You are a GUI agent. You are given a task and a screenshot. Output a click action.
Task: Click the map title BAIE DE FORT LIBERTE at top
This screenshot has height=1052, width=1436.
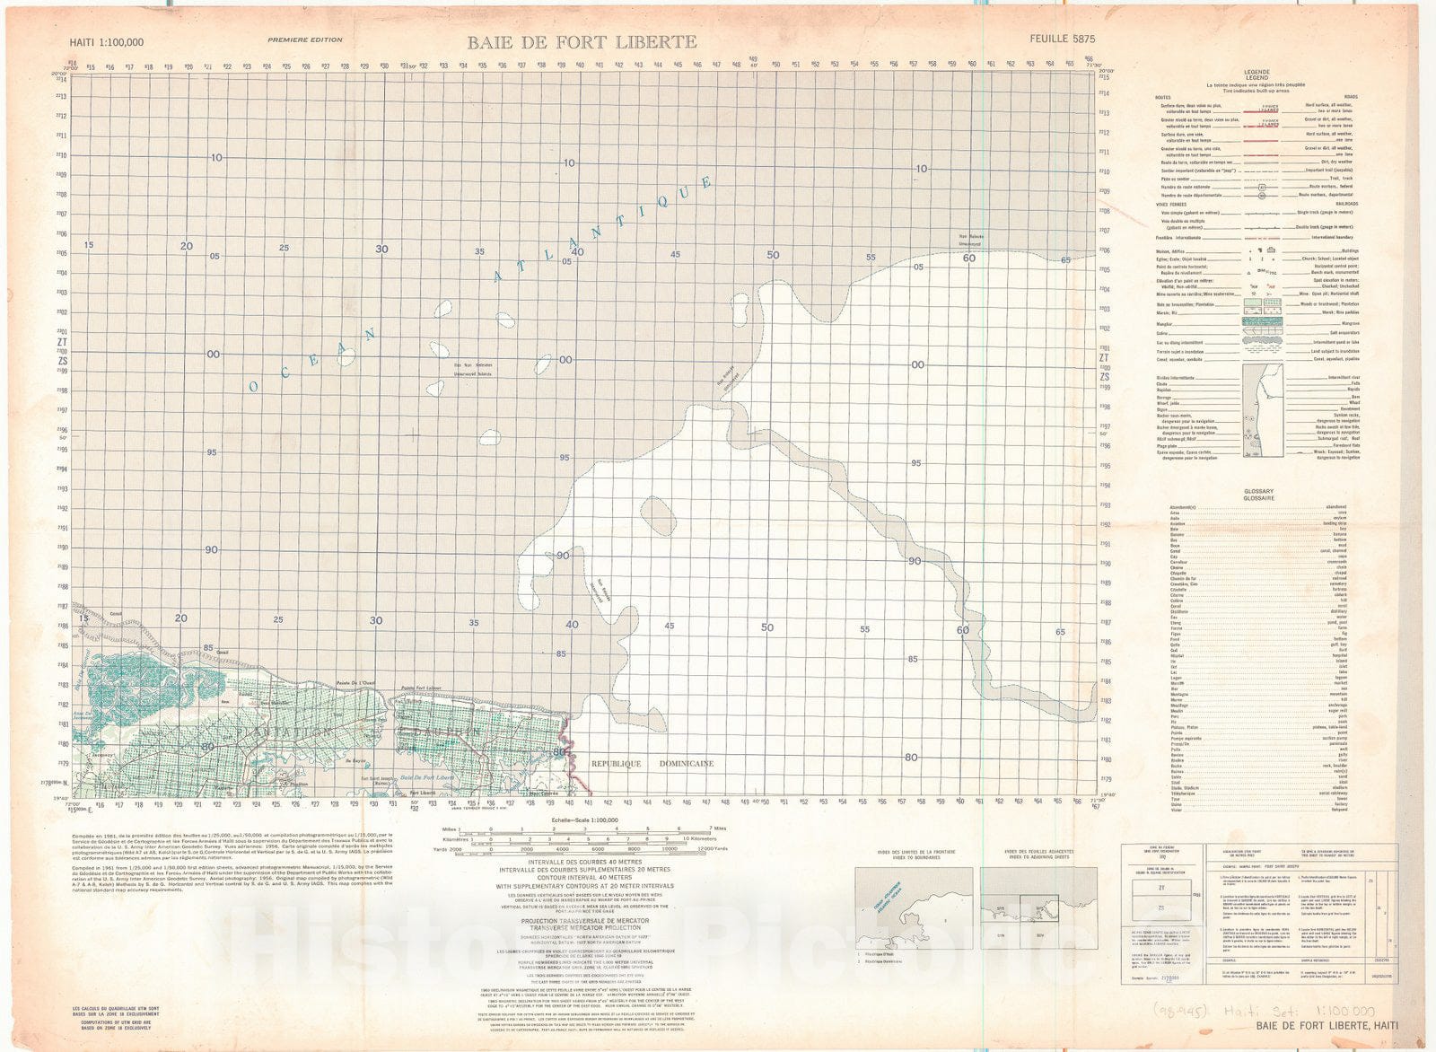pyautogui.click(x=581, y=41)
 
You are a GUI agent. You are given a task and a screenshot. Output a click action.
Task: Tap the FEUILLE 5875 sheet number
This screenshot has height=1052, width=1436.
pyautogui.click(x=1063, y=39)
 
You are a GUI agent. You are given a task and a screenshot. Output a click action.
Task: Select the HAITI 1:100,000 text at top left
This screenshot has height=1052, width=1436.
pyautogui.click(x=107, y=42)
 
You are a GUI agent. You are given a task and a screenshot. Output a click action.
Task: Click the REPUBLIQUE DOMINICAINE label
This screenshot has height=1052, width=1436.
pyautogui.click(x=652, y=763)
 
